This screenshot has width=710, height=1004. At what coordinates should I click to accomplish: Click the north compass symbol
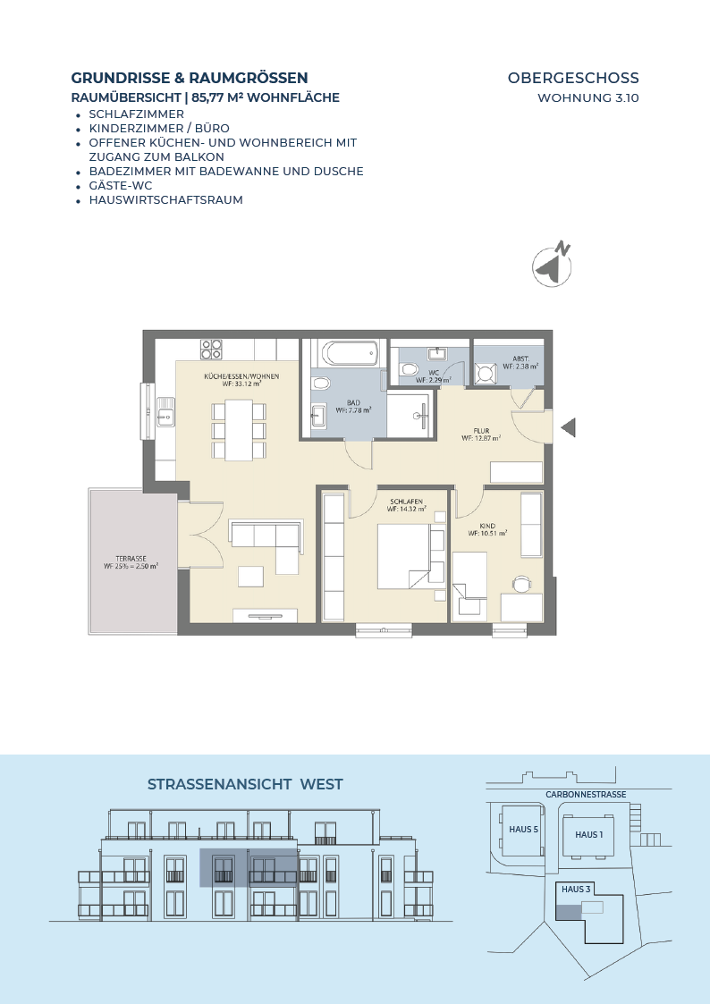552,265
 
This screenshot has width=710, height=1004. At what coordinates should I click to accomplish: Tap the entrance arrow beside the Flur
569,427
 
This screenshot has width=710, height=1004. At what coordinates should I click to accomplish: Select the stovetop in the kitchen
211,349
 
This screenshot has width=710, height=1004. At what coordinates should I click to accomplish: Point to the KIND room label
487,526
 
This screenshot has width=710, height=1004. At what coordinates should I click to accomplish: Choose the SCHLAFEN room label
407,502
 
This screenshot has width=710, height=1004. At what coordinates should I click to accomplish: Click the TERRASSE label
131,559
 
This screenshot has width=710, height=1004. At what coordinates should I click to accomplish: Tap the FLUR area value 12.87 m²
481,439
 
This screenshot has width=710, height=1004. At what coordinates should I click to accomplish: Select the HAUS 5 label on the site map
524,829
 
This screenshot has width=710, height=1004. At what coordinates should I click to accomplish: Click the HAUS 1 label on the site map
589,834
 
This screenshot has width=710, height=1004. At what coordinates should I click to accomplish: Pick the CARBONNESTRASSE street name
586,795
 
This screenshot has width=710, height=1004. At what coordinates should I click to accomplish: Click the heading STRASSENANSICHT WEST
245,784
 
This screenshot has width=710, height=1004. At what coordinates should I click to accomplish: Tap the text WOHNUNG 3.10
588,98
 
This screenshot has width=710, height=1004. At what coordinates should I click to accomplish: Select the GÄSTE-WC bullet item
121,186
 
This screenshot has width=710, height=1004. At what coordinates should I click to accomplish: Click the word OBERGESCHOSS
574,78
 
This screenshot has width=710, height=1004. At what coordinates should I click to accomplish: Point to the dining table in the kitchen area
239,430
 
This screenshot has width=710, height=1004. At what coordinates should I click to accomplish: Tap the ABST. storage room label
520,359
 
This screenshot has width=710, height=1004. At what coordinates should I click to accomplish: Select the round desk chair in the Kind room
522,584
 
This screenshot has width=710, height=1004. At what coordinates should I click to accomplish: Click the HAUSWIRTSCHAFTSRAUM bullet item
165,199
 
